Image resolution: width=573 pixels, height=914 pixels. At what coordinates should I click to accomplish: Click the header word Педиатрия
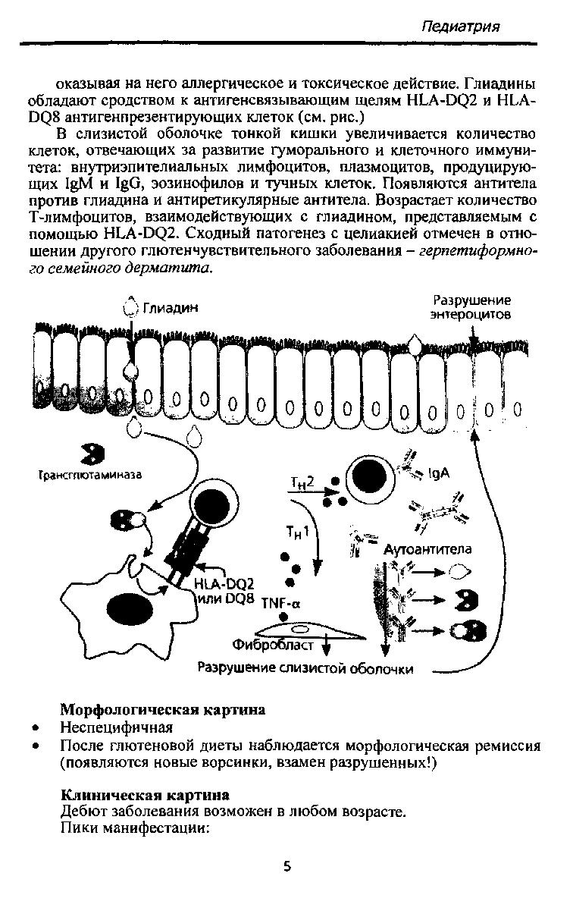coord(460,27)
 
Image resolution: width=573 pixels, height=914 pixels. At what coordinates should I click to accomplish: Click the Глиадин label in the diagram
coord(171,308)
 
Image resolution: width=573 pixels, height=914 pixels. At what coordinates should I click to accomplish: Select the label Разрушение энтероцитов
coord(471,307)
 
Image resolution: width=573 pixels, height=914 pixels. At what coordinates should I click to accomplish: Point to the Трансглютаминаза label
coord(90,475)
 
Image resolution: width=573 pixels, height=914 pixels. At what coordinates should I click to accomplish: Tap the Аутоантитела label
coord(427,549)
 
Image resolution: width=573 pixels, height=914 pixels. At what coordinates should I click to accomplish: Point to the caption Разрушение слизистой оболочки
coord(305,668)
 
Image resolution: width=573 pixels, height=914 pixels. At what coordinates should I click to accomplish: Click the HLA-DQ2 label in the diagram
coord(224,584)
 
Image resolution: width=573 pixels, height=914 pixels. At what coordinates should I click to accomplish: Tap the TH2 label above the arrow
coord(302,483)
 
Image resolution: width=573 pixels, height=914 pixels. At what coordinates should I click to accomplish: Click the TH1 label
coord(298,532)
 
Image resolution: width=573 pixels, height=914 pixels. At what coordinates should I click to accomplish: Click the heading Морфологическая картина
coord(163,709)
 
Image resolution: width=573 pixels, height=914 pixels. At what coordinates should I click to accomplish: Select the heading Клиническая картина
coord(145,795)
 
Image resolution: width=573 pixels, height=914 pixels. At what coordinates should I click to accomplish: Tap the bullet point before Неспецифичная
coord(37,728)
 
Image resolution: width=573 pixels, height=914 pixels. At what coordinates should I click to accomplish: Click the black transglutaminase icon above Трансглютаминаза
coord(92,454)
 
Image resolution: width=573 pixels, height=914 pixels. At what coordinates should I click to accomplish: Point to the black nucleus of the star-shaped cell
coord(130,611)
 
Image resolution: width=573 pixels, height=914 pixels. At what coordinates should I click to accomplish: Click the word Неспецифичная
coord(117,727)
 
